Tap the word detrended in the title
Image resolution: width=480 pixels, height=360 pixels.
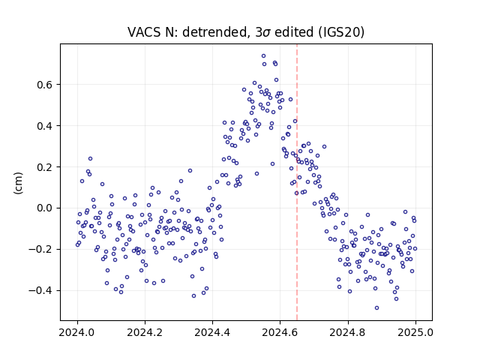[215, 32]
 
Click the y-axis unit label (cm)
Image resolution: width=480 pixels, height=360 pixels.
[18, 183]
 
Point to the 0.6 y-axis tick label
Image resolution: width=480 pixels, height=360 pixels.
[45, 85]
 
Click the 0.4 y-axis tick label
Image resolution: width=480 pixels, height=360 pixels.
[45, 126]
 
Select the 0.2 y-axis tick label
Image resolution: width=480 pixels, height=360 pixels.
[45, 167]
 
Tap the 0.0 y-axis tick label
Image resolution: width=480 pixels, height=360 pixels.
[45, 208]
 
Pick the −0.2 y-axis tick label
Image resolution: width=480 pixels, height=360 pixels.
[41, 250]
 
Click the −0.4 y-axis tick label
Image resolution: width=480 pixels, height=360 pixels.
[41, 291]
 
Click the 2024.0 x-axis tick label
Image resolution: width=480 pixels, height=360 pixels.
[77, 332]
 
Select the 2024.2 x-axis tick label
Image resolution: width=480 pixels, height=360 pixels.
[145, 332]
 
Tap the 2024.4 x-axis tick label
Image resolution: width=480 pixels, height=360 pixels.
[212, 332]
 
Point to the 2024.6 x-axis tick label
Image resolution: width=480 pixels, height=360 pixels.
[280, 332]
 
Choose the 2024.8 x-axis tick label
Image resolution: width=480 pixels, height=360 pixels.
[348, 332]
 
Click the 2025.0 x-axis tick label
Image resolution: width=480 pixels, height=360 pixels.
[415, 332]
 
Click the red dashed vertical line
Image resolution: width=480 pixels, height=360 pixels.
[297, 182]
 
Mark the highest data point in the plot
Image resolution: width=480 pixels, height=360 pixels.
[263, 55]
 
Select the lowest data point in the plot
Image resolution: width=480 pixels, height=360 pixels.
[376, 307]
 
